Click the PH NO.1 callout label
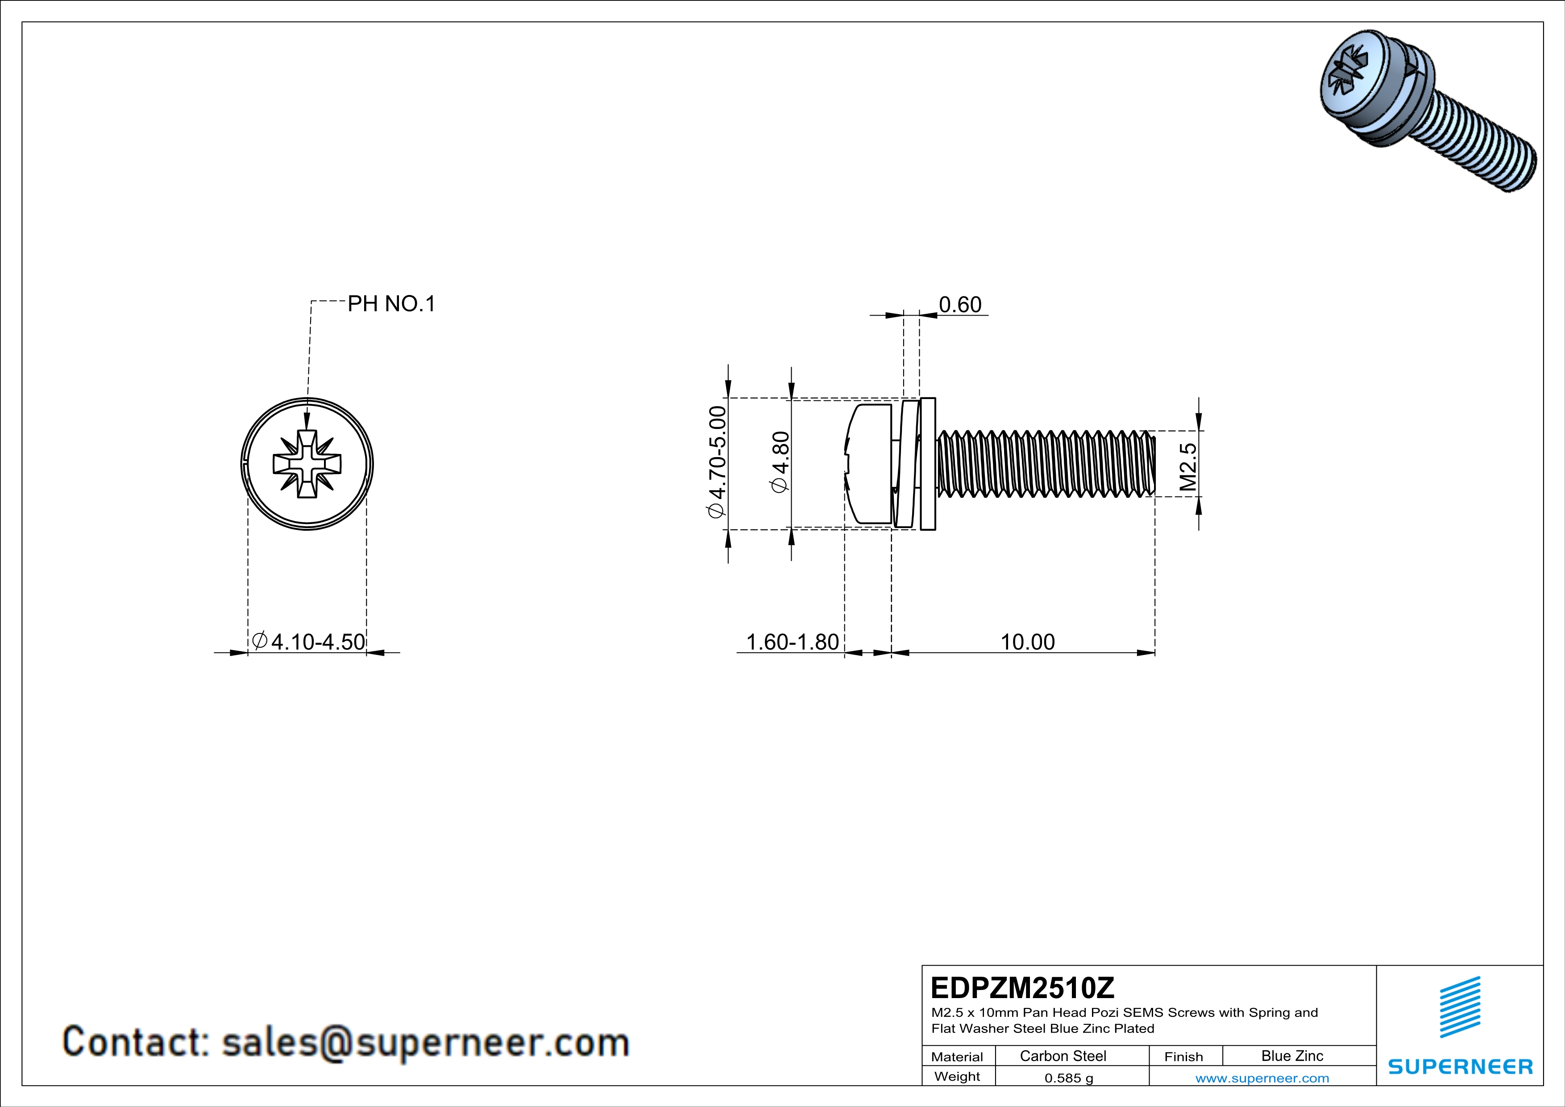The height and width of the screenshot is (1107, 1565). pyautogui.click(x=391, y=304)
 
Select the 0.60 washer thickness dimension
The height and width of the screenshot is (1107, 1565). pyautogui.click(x=960, y=305)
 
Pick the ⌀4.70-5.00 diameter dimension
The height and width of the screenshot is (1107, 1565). pyautogui.click(x=718, y=462)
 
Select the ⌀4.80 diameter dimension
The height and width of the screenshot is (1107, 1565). pyautogui.click(x=780, y=462)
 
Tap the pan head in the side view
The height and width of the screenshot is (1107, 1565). pyautogui.click(x=869, y=463)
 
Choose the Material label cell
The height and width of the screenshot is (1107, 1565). pyautogui.click(x=957, y=1057)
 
